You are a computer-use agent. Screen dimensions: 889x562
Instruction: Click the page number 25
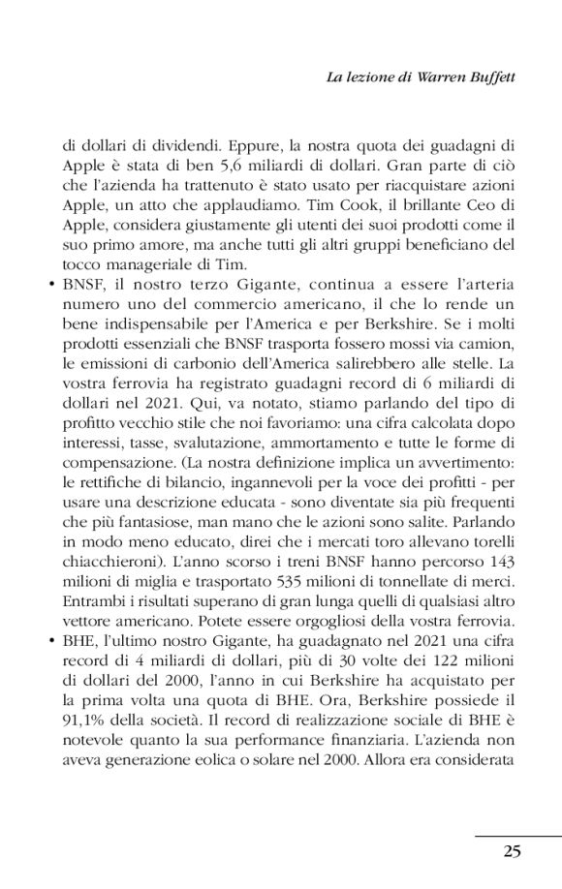click(x=513, y=851)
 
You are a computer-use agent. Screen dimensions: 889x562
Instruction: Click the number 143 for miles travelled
click(x=498, y=563)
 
